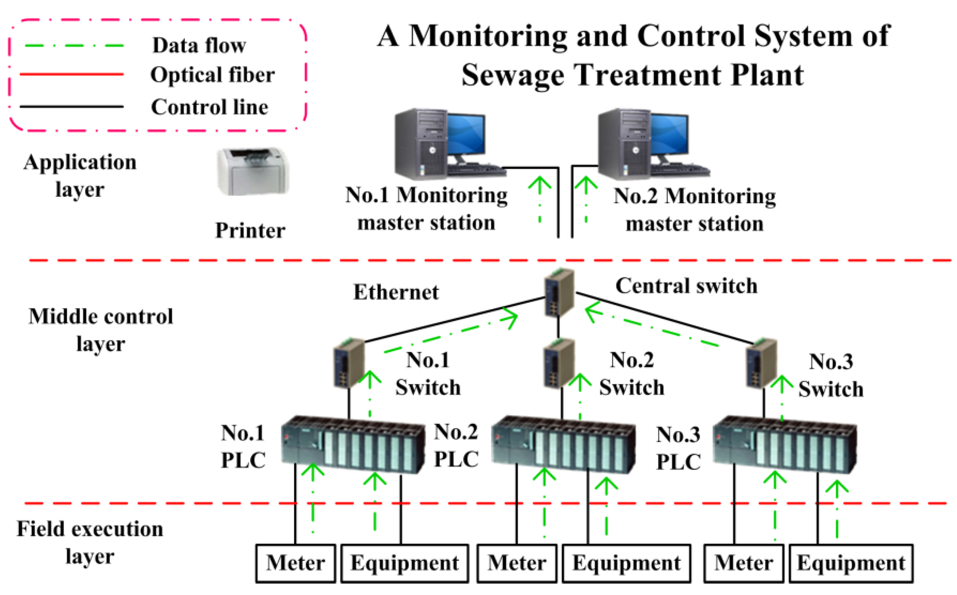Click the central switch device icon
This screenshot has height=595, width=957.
click(x=559, y=292)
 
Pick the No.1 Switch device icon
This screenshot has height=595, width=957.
click(x=349, y=362)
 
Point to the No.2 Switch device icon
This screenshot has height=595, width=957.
click(x=559, y=362)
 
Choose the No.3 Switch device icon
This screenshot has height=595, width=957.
click(x=761, y=362)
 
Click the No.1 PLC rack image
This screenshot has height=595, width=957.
click(x=353, y=445)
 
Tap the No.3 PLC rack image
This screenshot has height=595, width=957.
click(x=785, y=445)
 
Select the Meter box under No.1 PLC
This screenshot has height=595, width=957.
click(x=296, y=563)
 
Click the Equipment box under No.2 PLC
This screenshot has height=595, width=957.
click(x=626, y=563)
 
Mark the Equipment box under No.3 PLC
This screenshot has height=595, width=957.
click(x=851, y=563)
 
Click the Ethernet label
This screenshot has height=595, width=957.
click(x=396, y=292)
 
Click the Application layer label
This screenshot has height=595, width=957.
click(x=80, y=175)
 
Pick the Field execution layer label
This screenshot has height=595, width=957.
click(x=90, y=542)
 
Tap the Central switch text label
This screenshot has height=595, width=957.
click(x=686, y=286)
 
